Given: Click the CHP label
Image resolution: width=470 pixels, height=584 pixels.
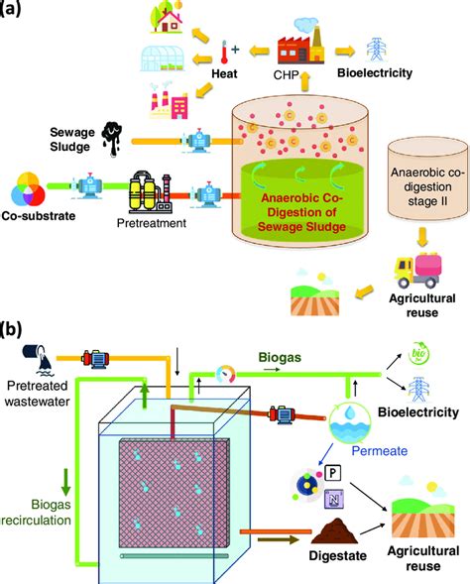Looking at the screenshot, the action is click(286, 75).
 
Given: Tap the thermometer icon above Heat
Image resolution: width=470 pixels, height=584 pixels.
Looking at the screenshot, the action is click(224, 53).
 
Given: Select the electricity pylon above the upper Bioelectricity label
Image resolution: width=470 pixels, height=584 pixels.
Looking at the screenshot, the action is click(377, 50).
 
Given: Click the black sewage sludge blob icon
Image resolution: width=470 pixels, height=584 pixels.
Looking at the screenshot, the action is click(112, 139).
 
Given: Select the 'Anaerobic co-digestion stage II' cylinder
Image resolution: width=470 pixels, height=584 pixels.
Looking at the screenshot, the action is click(426, 179).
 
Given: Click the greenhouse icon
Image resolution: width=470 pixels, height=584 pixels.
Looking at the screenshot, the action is click(162, 58).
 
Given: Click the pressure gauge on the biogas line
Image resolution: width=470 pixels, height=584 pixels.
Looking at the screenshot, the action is click(225, 374).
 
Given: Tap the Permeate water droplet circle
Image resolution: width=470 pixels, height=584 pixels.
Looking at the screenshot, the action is click(350, 422).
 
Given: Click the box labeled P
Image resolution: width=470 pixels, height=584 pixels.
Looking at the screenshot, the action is click(333, 473).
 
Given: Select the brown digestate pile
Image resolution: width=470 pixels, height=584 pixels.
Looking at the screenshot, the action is click(334, 531).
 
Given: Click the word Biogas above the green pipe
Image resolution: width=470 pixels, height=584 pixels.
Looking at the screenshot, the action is click(280, 357).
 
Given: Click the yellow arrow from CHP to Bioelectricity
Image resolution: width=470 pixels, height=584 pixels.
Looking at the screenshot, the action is click(344, 51).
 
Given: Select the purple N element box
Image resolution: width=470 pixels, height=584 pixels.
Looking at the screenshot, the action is click(334, 499).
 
